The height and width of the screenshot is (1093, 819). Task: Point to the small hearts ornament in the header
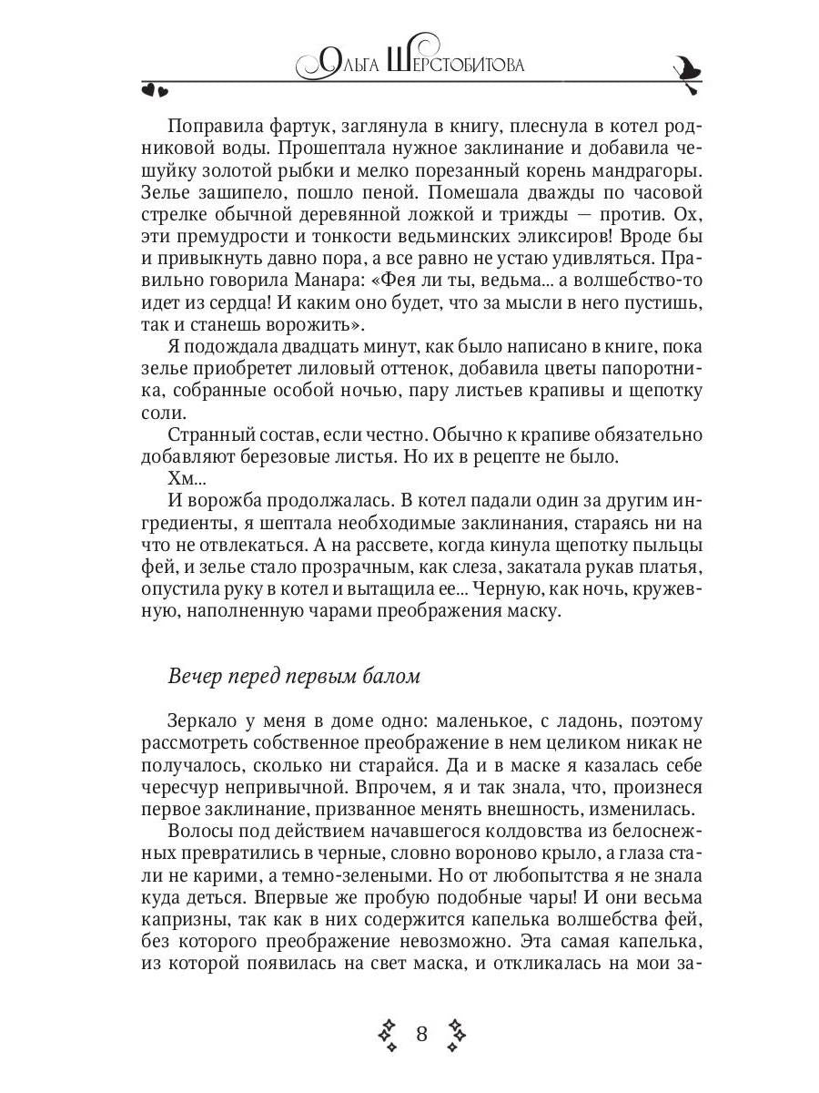[155, 89]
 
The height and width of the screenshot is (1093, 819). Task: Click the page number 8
[421, 1033]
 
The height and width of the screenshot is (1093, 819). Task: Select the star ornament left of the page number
[388, 1034]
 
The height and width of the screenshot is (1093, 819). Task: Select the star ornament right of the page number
[455, 1034]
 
